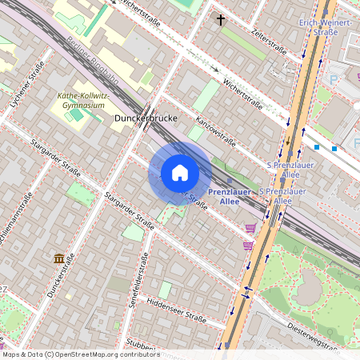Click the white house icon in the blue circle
[x=179, y=173]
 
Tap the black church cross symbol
[x=221, y=19]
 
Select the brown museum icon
[x=59, y=258]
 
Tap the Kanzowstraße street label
[x=215, y=130]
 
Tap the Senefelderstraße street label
[x=145, y=275]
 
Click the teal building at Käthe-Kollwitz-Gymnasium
[x=76, y=114]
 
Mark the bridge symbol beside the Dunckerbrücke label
[x=149, y=115]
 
